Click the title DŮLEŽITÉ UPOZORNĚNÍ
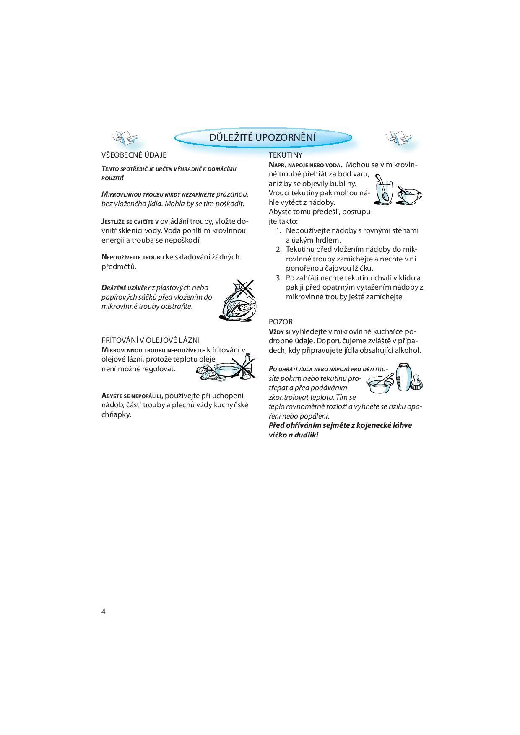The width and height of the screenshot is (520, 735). point(263,137)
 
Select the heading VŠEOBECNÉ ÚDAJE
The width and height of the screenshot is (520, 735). point(134,155)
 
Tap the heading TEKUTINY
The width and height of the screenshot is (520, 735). point(285,155)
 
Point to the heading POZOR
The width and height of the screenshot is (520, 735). point(281,322)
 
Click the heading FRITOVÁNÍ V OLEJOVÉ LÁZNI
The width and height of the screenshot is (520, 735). point(151,340)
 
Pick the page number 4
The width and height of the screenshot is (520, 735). point(104,611)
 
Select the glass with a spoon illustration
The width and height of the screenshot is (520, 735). point(383,191)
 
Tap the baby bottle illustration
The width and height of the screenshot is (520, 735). point(404,377)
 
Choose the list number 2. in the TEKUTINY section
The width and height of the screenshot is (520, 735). point(279,249)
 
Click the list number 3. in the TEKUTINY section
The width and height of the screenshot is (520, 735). point(279,278)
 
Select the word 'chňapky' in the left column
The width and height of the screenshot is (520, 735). point(116,415)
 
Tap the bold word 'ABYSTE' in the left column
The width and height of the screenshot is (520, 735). point(111,396)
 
